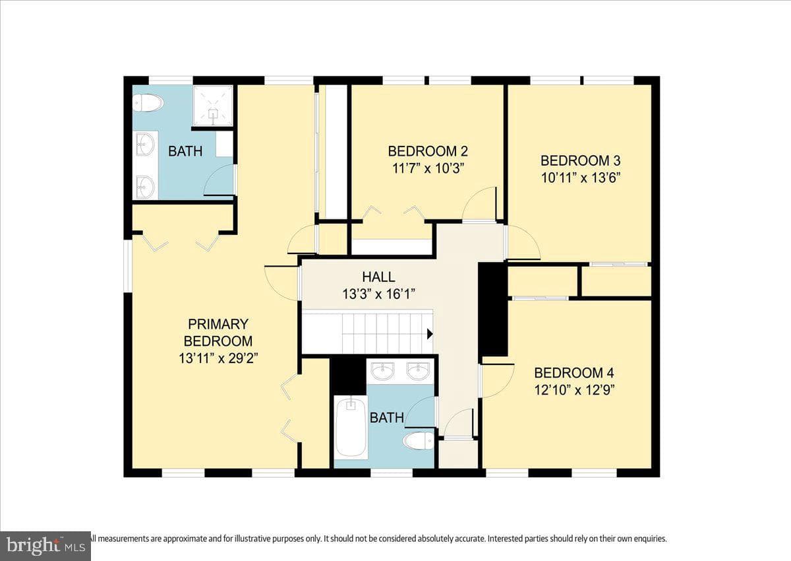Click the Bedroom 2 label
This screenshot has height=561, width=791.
[x=428, y=151]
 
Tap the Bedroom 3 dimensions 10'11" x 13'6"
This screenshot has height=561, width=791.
[x=581, y=178]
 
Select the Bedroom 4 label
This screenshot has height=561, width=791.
[x=574, y=373]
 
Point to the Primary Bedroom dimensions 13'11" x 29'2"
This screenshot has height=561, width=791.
[x=218, y=359]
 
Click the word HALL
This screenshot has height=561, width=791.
[x=378, y=277]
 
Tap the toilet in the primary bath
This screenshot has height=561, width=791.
[x=148, y=103]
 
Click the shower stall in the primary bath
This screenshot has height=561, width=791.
[x=212, y=106]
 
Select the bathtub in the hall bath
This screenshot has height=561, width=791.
[x=351, y=427]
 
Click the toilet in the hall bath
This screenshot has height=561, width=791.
[x=419, y=442]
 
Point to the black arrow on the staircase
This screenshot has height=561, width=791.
[x=430, y=334]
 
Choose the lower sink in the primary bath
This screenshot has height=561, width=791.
[x=146, y=187]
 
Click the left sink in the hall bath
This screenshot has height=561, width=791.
[x=383, y=372]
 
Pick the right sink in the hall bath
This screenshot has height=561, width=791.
[x=419, y=372]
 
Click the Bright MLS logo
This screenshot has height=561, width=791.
[x=45, y=546]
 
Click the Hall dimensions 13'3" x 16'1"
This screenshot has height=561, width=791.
[x=378, y=294]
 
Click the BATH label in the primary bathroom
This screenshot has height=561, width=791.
[x=185, y=151]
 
